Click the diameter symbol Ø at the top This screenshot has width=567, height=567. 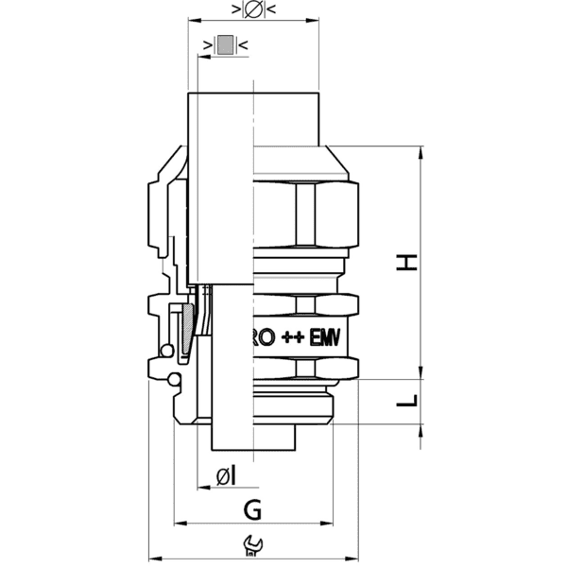coord(252,10)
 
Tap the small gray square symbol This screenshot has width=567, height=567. coord(224,44)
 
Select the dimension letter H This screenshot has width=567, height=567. coord(406,262)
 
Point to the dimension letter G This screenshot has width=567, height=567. coord(252,510)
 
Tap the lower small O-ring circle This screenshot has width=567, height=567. coord(172,380)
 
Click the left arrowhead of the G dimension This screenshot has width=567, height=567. coord(180,524)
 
